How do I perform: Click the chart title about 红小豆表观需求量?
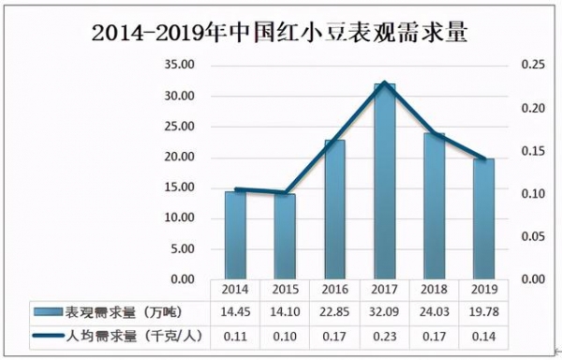[x=281, y=31]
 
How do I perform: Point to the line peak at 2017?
[x=385, y=82]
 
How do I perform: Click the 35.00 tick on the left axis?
[x=177, y=66]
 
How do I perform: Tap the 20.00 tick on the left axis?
[x=177, y=157]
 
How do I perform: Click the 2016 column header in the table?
[x=334, y=290]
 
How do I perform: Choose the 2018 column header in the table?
[x=435, y=290]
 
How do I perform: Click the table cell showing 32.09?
[x=385, y=311]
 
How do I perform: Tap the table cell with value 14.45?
[x=235, y=311]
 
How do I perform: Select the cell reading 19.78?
[x=484, y=311]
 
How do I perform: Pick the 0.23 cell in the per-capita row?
[x=385, y=335]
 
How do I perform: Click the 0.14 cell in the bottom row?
[x=484, y=335]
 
